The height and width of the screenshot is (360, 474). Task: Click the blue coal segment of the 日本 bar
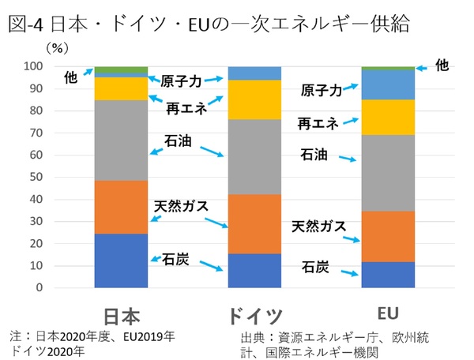pos(121,261)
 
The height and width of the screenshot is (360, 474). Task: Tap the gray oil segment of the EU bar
pos(388,174)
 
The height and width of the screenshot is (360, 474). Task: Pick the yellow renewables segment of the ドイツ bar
pos(255,99)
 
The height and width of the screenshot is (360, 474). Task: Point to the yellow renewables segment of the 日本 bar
pos(121,88)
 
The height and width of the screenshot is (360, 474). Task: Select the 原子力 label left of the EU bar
pos(322,91)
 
